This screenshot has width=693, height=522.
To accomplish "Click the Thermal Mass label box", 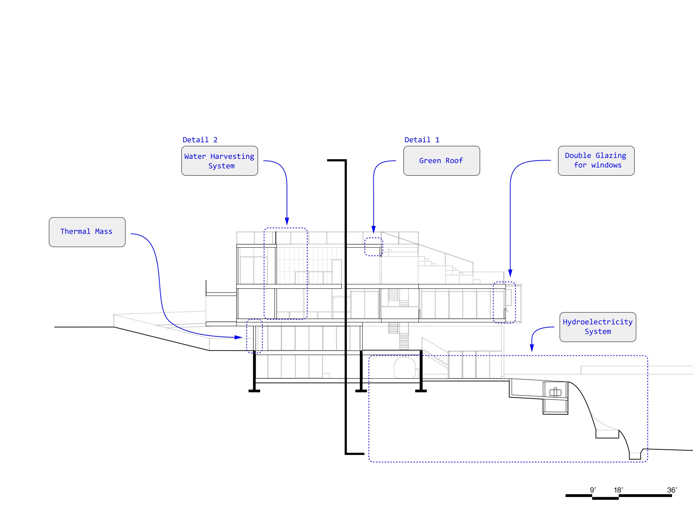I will tap(87, 232).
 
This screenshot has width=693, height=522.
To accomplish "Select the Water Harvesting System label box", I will tap(219, 161).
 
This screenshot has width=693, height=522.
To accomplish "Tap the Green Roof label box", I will tap(441, 161).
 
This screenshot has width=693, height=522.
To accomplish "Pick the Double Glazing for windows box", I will tap(596, 161).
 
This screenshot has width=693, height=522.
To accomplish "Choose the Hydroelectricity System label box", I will tap(597, 327).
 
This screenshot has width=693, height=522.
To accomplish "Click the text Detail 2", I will tap(200, 140).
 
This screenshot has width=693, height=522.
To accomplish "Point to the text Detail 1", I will tap(422, 140).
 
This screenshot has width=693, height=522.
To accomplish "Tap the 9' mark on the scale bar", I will tap(593, 490).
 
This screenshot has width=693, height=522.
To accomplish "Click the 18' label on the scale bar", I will tap(618, 490).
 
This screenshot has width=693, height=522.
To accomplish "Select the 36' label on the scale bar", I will tap(672, 490).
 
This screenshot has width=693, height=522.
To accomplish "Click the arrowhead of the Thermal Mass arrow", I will tap(239, 337).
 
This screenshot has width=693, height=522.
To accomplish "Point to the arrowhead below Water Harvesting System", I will tap(287, 221).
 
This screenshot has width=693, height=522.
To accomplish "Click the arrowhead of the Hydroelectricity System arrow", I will tap(532, 348).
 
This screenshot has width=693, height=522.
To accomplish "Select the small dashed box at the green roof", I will tap(373, 247).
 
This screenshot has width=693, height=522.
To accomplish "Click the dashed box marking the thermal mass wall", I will tap(254, 336).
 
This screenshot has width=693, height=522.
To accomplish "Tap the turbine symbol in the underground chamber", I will tap(556, 392).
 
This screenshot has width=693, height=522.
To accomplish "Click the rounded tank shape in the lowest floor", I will tap(404, 367).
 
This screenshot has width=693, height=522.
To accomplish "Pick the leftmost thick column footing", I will tap(254, 391).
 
